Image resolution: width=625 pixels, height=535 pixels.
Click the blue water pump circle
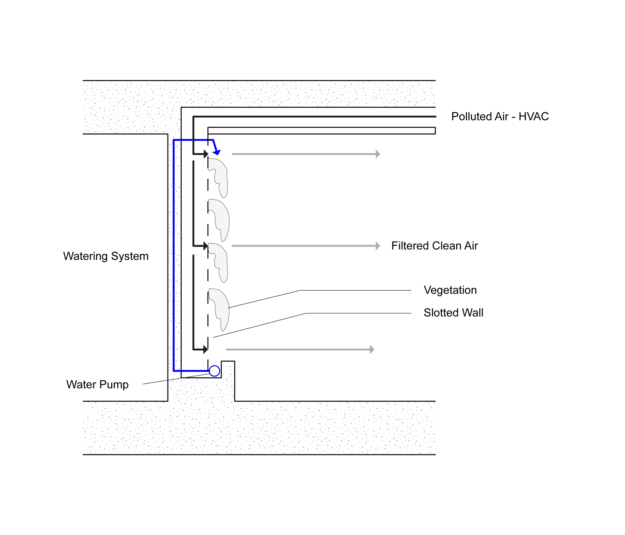tap(214, 371)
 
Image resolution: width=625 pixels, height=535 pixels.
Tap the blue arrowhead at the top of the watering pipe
tap(217, 152)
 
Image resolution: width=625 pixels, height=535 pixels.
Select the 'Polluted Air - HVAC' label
tap(499, 117)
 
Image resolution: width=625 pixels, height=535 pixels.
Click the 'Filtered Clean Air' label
tap(434, 246)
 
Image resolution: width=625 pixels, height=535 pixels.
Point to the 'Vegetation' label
tap(450, 290)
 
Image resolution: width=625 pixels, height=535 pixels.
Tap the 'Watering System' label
tap(106, 256)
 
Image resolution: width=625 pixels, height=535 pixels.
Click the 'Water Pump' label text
tap(97, 385)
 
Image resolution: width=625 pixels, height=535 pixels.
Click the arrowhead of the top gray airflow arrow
tap(378, 154)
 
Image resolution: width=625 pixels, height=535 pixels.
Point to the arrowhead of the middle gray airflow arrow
tap(378, 246)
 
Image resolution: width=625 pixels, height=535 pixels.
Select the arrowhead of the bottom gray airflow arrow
tap(372, 349)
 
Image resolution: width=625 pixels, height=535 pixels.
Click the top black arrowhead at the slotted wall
tap(206, 154)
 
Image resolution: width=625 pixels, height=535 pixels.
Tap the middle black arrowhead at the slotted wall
tap(206, 246)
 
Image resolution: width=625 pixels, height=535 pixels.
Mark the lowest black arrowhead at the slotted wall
tap(206, 349)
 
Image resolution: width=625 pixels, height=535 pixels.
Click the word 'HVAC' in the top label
tap(533, 117)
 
